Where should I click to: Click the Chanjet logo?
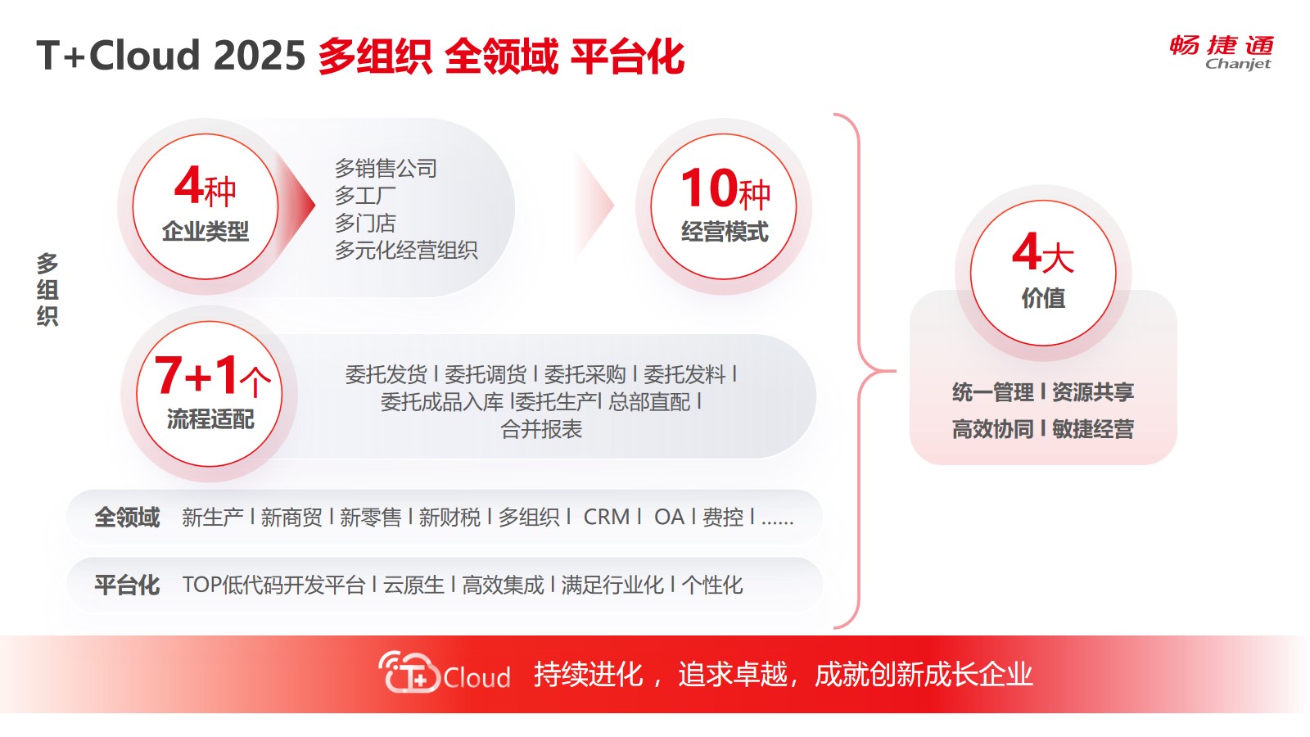pos(1221,52)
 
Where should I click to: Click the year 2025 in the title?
pos(259,56)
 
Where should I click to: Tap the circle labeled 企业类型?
pos(206,206)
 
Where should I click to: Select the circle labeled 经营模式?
pos(724,206)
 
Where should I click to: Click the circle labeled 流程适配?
pos(210,394)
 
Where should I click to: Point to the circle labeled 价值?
pos(1043,274)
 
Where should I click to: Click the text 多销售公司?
pos(386,169)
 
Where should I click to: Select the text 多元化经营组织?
pos(406,251)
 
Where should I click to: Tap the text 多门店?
pos(365,223)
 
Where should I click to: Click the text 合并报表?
pos(541,429)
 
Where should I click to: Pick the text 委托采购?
pos(585,374)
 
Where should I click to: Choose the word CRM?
pos(607,517)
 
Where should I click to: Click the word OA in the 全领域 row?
pos(669,517)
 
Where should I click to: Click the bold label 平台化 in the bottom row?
pos(127,585)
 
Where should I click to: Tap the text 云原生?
pos(413,585)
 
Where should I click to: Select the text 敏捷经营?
pos(1093,429)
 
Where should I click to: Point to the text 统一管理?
pos(993,392)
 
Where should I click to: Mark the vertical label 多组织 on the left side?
pos(47,290)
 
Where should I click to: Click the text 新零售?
pos(370,517)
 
